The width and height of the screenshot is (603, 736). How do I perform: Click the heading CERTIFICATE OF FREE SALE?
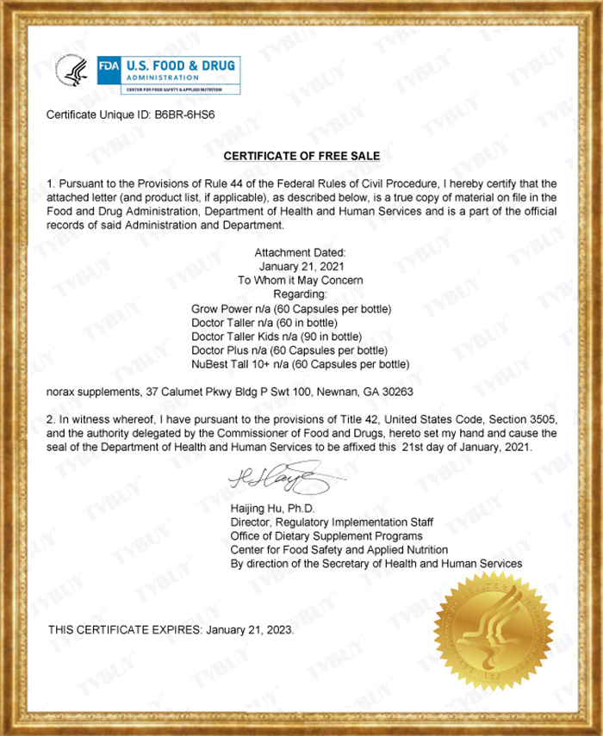pos(301,156)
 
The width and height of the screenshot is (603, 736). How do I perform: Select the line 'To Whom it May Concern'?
pos(301,280)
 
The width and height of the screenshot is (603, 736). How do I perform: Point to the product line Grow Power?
pos(291,308)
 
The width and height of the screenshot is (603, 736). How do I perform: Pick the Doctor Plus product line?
pos(289,350)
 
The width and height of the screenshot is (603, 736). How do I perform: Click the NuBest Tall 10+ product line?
pos(299,364)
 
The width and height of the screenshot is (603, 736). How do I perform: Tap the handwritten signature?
pos(274,476)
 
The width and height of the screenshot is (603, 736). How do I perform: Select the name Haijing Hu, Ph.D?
pos(266,509)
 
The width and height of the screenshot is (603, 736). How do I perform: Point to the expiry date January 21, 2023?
pos(251,630)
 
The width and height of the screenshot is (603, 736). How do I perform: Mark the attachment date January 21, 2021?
pos(301,266)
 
